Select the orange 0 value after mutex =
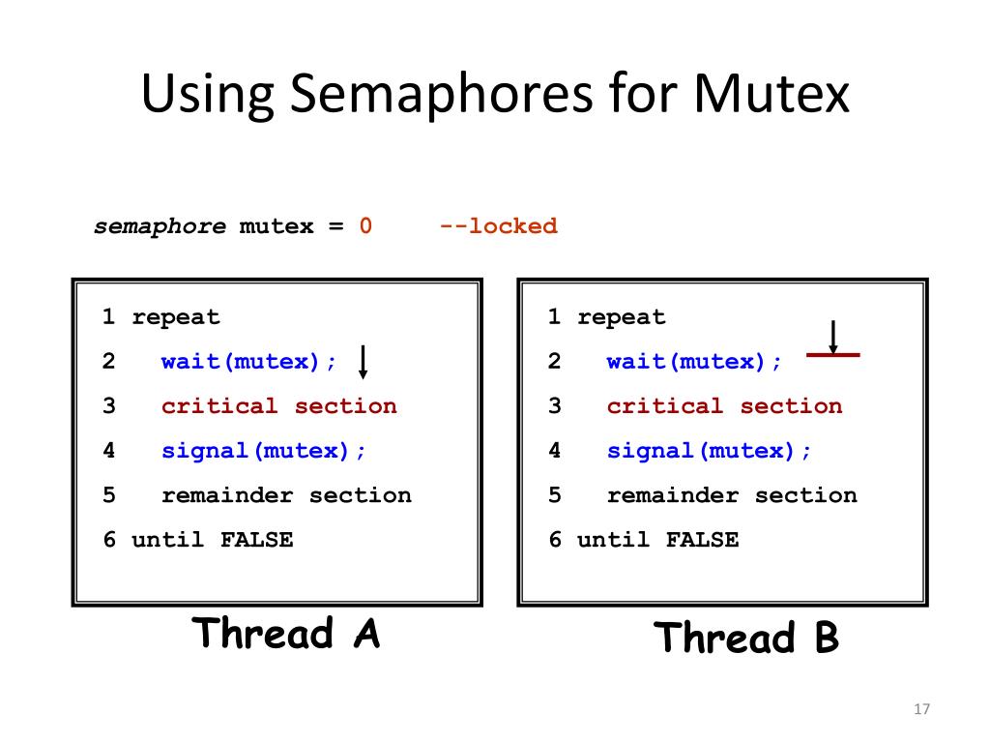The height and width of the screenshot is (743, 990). click(365, 226)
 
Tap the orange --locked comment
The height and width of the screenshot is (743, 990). click(498, 226)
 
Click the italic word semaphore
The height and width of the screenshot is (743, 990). click(160, 226)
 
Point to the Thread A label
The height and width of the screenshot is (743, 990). click(286, 634)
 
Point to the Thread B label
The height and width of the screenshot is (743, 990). click(746, 639)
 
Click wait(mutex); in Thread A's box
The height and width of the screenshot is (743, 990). click(249, 362)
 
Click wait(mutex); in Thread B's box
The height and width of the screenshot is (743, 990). click(695, 362)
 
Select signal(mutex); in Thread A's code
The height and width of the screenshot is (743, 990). click(264, 451)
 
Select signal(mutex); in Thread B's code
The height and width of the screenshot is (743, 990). click(710, 451)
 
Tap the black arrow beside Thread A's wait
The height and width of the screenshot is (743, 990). click(363, 362)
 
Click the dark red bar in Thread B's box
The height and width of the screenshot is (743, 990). click(833, 355)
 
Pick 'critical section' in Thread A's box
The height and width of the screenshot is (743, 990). click(278, 406)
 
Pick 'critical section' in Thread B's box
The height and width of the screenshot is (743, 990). click(724, 406)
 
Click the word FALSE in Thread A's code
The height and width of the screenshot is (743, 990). click(256, 540)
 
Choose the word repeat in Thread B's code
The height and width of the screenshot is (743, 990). click(622, 317)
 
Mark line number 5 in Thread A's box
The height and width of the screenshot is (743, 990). click(109, 495)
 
